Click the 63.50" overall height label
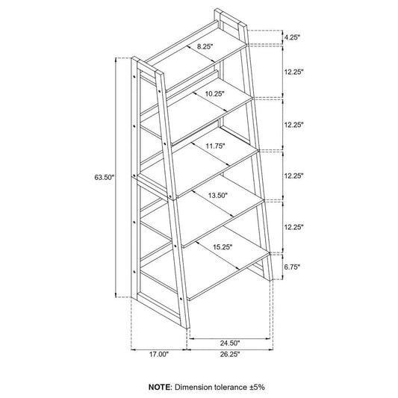(x=105, y=177)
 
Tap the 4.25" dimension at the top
(x=292, y=37)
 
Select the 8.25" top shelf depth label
(x=205, y=46)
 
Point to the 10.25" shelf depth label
(x=215, y=94)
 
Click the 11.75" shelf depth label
(x=216, y=146)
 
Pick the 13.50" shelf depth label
(x=218, y=196)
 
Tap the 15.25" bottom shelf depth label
(x=223, y=246)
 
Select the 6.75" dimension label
(x=292, y=267)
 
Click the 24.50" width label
(x=230, y=343)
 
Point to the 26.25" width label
(x=230, y=355)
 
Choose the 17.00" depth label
(x=158, y=355)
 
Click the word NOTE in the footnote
(x=160, y=387)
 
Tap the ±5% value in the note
(x=256, y=387)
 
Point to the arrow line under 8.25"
(x=201, y=54)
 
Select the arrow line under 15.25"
(x=217, y=255)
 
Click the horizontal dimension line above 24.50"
(x=230, y=338)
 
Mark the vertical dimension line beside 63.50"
(x=116, y=178)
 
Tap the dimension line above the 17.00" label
(x=158, y=349)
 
